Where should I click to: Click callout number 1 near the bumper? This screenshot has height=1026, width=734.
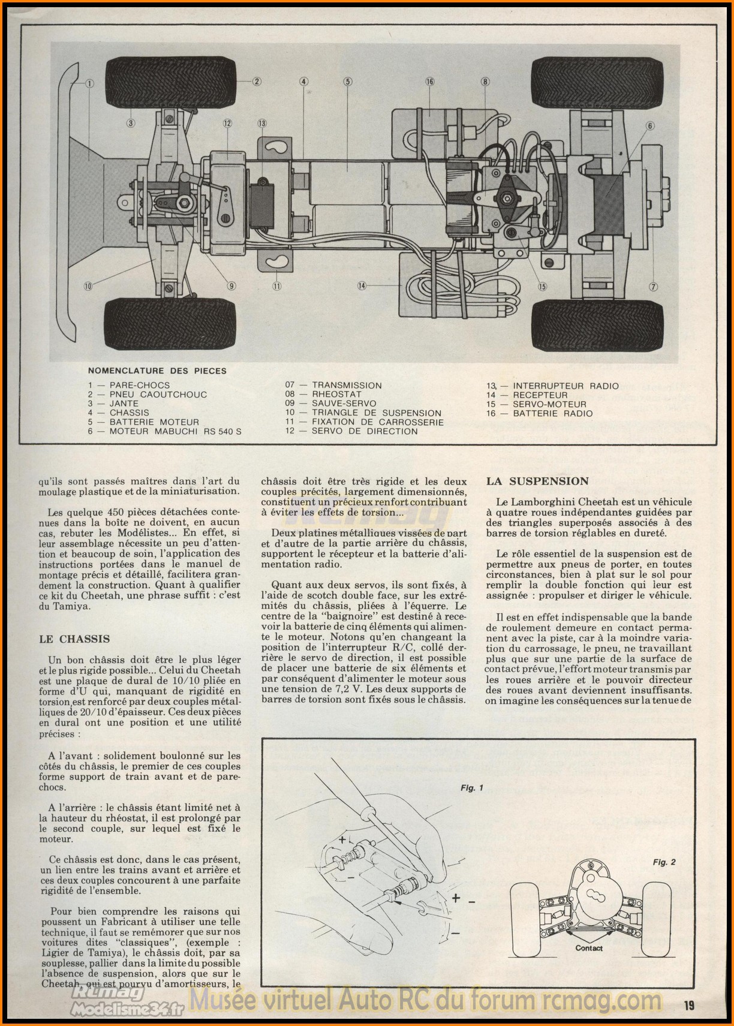tap(89, 83)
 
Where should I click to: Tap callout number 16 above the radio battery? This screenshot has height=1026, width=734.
tap(429, 82)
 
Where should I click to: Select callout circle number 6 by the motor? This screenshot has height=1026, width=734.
tap(650, 126)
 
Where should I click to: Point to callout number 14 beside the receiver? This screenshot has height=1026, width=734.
tap(362, 285)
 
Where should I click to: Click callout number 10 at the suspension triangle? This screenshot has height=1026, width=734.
tap(89, 286)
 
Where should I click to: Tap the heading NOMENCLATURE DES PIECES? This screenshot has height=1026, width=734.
tap(157, 371)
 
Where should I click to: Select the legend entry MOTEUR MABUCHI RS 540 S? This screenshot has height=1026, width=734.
tap(175, 431)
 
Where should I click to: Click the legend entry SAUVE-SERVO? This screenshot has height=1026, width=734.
tap(344, 404)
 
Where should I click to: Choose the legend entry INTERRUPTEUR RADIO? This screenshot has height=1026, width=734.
tap(565, 386)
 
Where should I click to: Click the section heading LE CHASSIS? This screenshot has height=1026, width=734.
tap(74, 639)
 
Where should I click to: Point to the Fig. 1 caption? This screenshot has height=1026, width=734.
tap(471, 788)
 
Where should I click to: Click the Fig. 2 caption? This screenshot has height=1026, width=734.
tap(664, 862)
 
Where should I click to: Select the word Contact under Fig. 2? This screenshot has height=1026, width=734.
tap(589, 948)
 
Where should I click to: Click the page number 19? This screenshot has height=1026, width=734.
tap(688, 1005)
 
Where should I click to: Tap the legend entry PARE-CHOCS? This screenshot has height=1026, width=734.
tap(139, 385)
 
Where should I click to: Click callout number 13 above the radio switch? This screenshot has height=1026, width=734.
tap(261, 124)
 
